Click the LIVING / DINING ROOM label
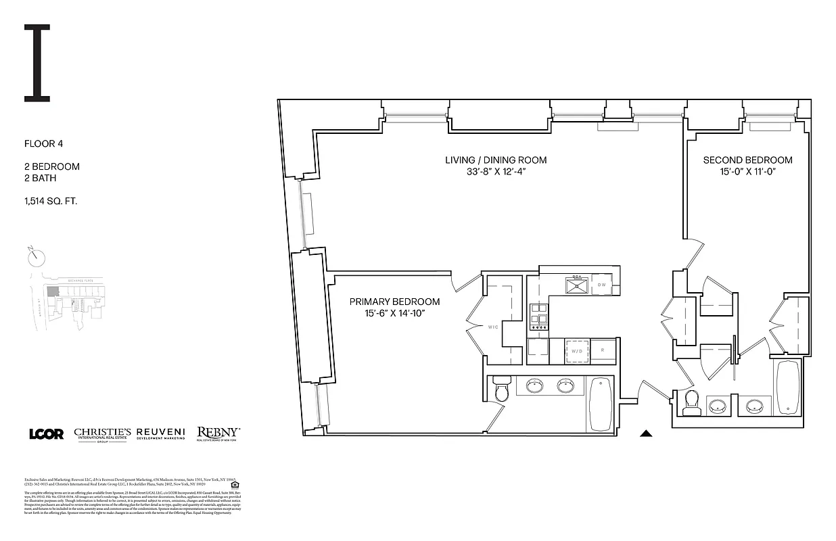(495, 160)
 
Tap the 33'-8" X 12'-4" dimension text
(495, 172)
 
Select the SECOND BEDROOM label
(747, 160)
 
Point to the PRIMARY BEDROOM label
(394, 302)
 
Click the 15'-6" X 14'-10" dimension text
(394, 314)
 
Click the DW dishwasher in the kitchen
(602, 285)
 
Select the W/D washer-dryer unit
(576, 352)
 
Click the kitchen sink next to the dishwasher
(576, 285)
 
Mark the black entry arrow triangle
(647, 434)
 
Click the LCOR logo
(47, 434)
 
